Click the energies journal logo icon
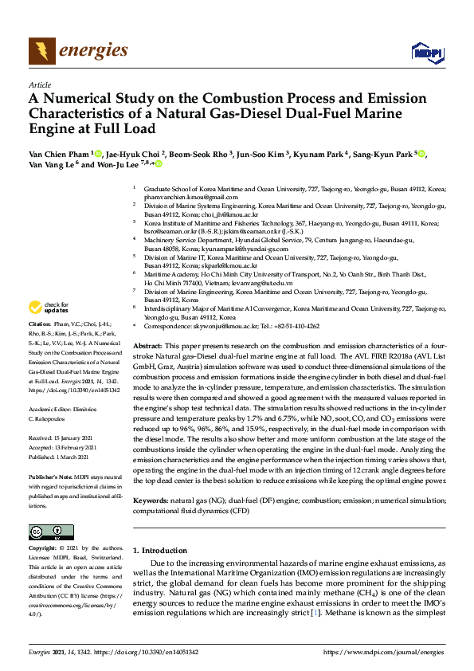[x=42, y=52]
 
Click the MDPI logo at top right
[x=426, y=53]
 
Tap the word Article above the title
[x=39, y=84]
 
